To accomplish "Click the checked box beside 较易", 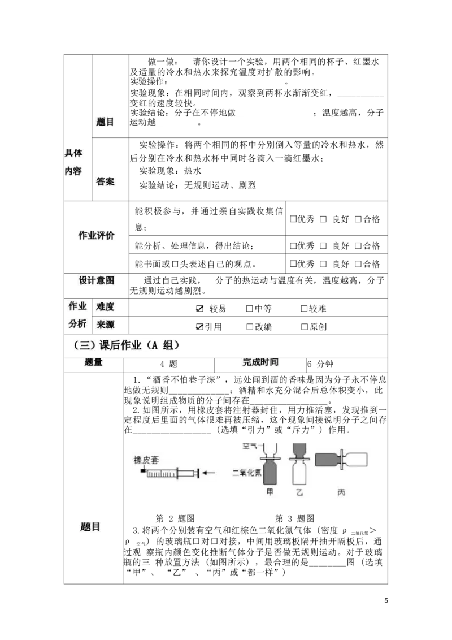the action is [199, 309].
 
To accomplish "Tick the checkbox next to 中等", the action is [250, 309].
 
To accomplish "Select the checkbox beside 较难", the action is [304, 309].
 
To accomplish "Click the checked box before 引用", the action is [199, 327].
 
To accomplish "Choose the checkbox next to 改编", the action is [250, 327].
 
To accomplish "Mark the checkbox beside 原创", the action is [304, 327].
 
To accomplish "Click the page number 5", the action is [386, 600].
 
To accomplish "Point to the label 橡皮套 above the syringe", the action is [146, 460].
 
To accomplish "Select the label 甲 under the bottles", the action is [270, 492].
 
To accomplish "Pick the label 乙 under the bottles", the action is [300, 492].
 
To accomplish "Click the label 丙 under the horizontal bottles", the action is [341, 492].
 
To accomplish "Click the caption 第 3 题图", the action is [295, 518].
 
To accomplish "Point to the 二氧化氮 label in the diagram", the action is [247, 473].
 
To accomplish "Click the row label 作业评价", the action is [96, 235].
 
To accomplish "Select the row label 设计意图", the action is [96, 280].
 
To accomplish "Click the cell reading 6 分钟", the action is [320, 364].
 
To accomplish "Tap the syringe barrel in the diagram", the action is [162, 473].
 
